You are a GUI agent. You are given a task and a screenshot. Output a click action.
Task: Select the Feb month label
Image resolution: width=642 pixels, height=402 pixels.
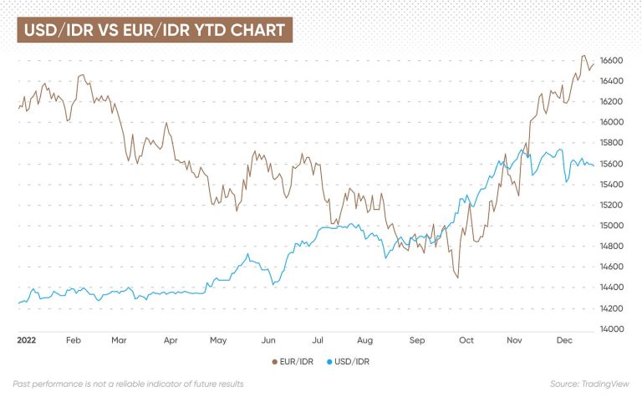pos(73,341)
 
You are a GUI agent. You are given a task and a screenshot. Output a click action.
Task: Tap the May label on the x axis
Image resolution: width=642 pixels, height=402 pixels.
pos(218,341)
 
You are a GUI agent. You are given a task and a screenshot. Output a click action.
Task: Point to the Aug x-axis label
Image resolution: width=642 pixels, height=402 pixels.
pos(364,341)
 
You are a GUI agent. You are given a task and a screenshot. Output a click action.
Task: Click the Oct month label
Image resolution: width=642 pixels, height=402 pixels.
pos(466,341)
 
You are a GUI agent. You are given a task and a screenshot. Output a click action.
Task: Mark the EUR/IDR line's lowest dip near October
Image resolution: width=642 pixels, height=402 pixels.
pos(457,277)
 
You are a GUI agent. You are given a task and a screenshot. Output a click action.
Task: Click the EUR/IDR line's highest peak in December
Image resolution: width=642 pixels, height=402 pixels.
pos(583,56)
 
